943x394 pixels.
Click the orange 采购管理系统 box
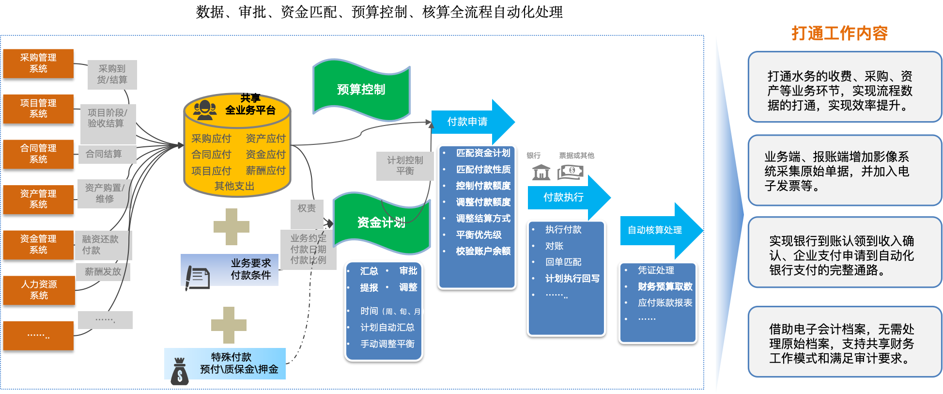click(38, 63)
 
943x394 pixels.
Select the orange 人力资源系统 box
click(39, 290)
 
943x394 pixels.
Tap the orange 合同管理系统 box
click(38, 154)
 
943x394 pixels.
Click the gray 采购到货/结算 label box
click(112, 75)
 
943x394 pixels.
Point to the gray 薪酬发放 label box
click(103, 272)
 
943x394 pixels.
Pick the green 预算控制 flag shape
click(361, 90)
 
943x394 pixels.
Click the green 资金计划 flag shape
click(381, 222)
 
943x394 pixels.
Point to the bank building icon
click(541, 172)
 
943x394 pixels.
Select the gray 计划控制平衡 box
click(405, 166)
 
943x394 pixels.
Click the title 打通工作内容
click(839, 33)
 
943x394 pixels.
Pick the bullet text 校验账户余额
click(483, 251)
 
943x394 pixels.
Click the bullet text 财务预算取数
click(665, 286)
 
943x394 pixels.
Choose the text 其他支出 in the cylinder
click(234, 186)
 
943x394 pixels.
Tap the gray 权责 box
click(307, 208)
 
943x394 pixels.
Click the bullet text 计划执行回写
click(572, 279)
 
